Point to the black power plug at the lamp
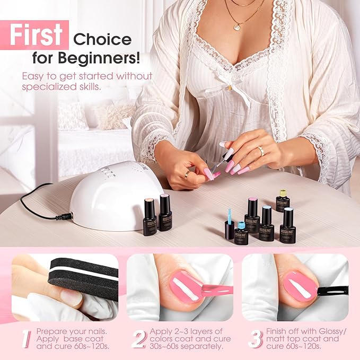(65, 216)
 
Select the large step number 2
(138, 338)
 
